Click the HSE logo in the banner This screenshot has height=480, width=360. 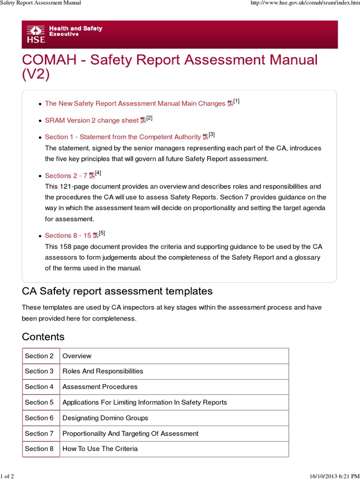tap(36, 34)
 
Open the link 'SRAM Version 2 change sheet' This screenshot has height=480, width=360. tap(91, 120)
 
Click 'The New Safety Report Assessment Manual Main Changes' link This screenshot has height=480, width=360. tap(135, 104)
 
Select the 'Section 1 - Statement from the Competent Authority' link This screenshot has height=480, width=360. tap(122, 137)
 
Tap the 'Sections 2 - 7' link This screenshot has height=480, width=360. tap(66, 176)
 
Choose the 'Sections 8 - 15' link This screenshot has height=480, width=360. tap(67, 235)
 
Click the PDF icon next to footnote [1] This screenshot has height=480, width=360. tap(230, 104)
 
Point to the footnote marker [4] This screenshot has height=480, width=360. tap(98, 173)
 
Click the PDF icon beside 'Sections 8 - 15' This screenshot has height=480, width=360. tap(96, 235)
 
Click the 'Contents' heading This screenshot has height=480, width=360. tap(43, 337)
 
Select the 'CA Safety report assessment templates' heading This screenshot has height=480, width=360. tap(117, 291)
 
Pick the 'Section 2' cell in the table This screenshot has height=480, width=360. tap(39, 356)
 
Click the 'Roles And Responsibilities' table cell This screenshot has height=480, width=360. tap(103, 371)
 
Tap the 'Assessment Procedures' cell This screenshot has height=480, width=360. tap(100, 387)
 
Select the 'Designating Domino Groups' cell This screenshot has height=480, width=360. tap(105, 418)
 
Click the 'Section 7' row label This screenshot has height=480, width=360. tap(39, 433)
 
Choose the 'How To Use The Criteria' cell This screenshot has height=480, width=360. tap(100, 449)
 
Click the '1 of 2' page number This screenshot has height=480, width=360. tap(7, 476)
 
